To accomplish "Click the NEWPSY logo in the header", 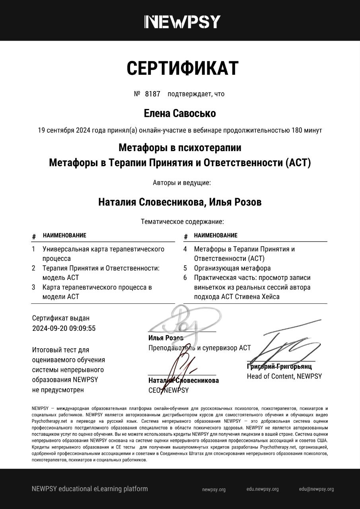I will (182, 21).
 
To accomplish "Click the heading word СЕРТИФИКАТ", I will (182, 68).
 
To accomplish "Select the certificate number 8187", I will (152, 94).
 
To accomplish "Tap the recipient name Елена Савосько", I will (180, 113).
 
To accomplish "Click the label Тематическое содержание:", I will (182, 221).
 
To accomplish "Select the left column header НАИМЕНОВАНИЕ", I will (64, 235).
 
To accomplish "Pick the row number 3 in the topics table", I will (34, 287).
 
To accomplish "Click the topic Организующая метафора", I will (232, 268).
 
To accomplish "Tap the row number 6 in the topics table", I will (185, 278).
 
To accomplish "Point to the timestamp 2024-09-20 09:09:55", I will (64, 328).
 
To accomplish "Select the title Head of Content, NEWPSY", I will (284, 376).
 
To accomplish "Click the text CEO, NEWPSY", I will (168, 390).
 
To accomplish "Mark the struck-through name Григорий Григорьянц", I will (279, 366).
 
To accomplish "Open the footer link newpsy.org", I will (214, 490).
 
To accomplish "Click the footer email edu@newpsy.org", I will (316, 489).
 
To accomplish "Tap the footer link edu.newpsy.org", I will (263, 489).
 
